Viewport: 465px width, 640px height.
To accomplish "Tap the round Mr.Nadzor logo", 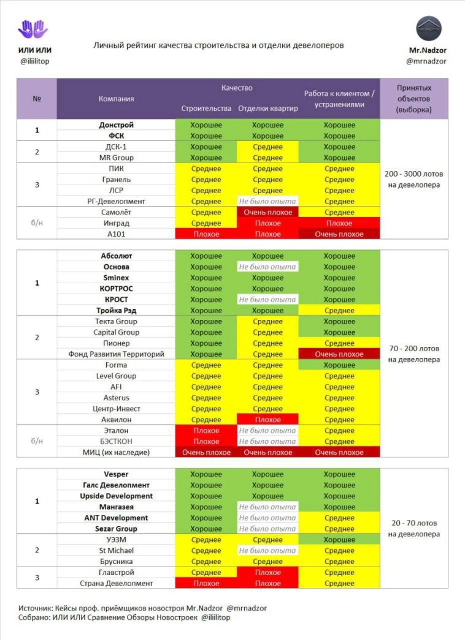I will tap(429, 29).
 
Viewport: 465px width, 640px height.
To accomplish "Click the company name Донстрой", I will tap(116, 125).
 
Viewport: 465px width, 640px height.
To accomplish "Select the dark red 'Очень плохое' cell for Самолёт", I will tap(267, 212).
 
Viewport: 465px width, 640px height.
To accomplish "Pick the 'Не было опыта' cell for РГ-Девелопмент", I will tap(267, 201).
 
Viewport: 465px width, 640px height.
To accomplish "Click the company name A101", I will tap(116, 234).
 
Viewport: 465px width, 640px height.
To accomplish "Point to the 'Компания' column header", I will tap(116, 98).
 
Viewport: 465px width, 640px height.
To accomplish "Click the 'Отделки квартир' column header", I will tap(267, 109).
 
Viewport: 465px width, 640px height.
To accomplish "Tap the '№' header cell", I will tap(37, 98).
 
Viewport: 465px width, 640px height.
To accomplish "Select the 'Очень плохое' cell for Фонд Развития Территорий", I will tap(339, 354).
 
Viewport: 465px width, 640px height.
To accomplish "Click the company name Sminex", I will tap(116, 278).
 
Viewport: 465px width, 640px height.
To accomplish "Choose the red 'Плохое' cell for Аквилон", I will tap(267, 420).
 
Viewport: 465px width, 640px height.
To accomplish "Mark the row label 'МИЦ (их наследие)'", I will tap(116, 452).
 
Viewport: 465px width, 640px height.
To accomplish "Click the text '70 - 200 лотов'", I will tap(413, 348).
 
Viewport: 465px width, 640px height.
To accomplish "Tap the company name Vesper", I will tap(116, 474).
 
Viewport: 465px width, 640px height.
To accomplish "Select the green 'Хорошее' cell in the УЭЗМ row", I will tap(339, 540).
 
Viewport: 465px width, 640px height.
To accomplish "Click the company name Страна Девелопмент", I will tap(116, 584).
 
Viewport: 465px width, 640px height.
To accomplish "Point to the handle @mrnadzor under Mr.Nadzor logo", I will tap(429, 61).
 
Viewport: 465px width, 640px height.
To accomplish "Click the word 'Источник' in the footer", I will tap(34, 608).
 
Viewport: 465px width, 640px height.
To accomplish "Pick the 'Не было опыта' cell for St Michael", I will tap(267, 551).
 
